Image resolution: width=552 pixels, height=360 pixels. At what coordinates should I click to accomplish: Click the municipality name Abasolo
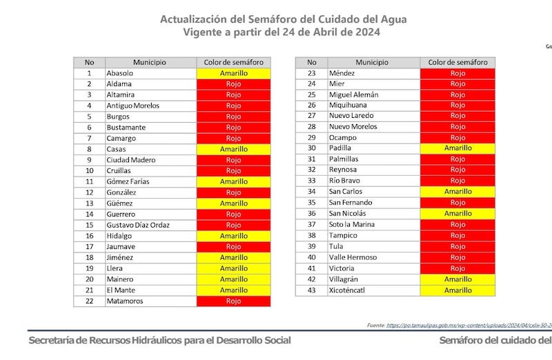click(120, 73)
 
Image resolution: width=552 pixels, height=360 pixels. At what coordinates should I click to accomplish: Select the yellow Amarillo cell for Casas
click(233, 149)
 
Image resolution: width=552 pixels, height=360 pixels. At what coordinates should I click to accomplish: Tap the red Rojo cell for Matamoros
click(233, 301)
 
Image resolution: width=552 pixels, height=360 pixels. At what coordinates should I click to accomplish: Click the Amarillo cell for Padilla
click(457, 148)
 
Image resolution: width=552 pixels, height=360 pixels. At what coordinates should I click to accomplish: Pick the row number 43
click(312, 290)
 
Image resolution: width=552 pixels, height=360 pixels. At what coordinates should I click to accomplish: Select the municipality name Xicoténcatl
click(347, 290)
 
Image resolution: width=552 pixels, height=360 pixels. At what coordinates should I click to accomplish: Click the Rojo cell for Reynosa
click(457, 170)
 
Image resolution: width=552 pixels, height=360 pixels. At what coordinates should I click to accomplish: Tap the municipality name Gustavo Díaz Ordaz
click(138, 225)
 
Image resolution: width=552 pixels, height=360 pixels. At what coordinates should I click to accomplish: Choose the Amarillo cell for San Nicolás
click(457, 213)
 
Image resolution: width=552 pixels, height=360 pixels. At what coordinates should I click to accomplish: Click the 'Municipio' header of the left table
click(146, 62)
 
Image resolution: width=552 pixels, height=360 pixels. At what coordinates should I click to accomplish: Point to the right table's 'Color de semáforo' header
click(457, 62)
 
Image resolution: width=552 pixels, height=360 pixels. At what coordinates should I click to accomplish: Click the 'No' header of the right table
click(312, 62)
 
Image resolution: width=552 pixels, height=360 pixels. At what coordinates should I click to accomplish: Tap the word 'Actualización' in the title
click(195, 19)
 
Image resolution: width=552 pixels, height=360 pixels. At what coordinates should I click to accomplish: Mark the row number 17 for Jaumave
click(89, 247)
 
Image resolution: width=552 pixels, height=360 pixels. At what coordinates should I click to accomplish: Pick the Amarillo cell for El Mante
click(233, 290)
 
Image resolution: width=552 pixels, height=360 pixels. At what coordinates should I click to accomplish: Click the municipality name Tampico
click(343, 235)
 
